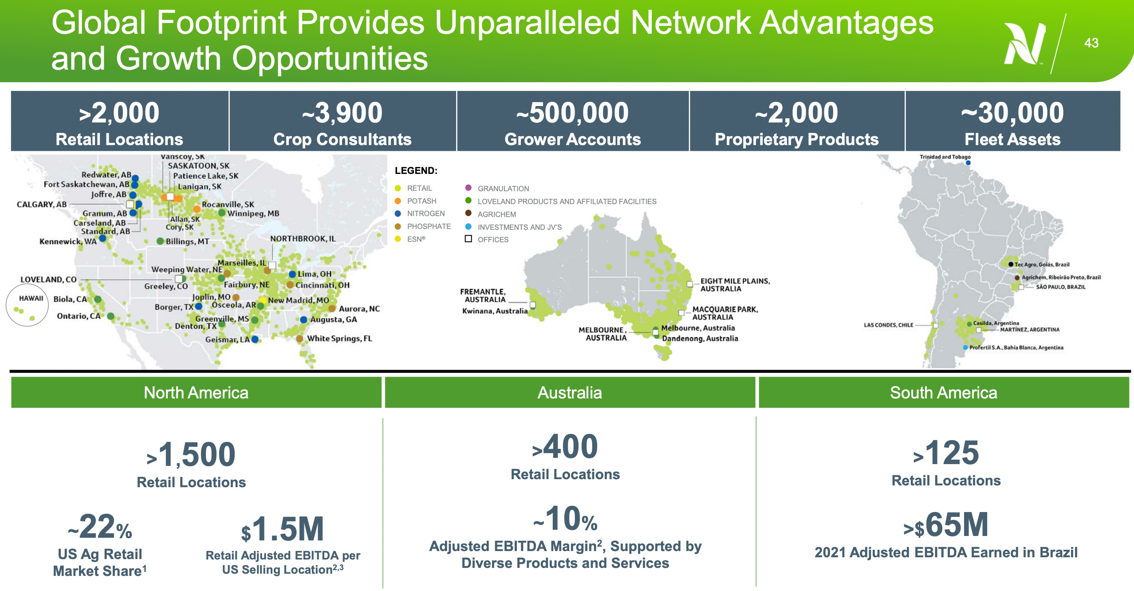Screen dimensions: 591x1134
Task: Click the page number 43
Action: (1091, 43)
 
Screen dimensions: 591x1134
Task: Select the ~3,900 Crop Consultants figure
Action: (342, 113)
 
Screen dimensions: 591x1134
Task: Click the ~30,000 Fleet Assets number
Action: (1012, 113)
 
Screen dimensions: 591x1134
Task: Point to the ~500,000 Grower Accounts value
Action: (572, 113)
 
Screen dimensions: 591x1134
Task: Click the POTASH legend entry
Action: (421, 201)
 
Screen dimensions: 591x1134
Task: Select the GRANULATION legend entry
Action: (503, 189)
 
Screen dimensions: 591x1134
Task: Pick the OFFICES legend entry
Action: (492, 240)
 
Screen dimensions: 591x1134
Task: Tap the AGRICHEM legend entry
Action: (496, 214)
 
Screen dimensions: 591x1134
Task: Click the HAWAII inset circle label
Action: (31, 298)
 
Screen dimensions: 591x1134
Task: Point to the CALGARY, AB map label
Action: (42, 205)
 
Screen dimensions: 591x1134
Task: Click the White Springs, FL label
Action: (339, 339)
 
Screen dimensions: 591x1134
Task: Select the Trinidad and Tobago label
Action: (945, 157)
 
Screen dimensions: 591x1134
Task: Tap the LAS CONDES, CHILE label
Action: (888, 325)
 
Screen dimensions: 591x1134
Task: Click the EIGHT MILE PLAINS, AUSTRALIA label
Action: (735, 285)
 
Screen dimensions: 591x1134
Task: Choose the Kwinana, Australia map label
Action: (495, 311)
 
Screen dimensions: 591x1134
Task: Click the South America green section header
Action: (943, 393)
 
